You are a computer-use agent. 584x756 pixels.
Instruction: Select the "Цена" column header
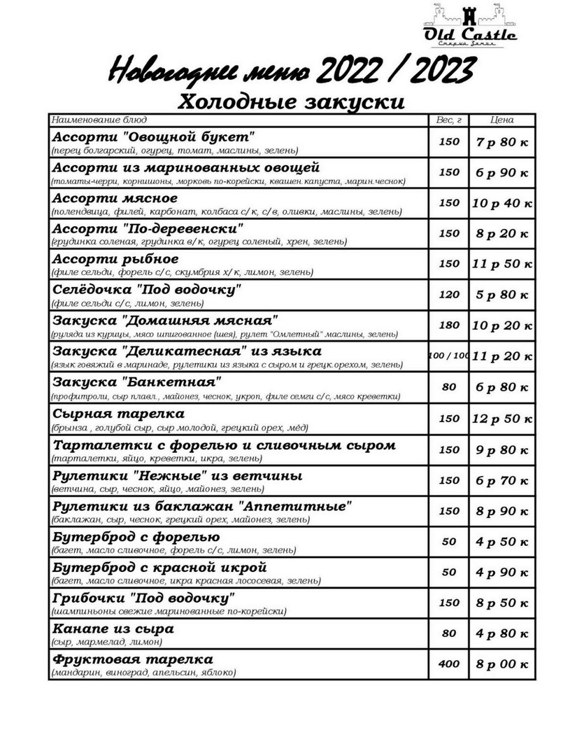[x=501, y=120]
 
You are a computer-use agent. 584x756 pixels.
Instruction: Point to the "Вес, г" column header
[x=448, y=120]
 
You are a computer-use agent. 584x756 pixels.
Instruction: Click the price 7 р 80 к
[x=501, y=142]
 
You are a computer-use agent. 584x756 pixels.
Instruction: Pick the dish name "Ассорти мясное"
[x=115, y=198]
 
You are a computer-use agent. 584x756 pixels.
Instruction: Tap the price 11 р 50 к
[x=501, y=264]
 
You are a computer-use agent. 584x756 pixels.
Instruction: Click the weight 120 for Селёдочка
[x=448, y=295]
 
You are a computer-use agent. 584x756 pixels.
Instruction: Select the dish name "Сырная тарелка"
[x=119, y=414]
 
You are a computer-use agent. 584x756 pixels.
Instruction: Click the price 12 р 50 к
[x=501, y=419]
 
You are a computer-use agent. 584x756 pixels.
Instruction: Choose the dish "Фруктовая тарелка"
[x=133, y=659]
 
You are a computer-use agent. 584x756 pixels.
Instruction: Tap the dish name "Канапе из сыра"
[x=113, y=629]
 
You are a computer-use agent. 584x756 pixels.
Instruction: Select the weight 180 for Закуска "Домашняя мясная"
[x=448, y=325]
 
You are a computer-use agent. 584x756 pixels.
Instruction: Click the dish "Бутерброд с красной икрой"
[x=159, y=567]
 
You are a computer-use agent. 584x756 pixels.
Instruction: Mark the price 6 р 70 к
[x=501, y=480]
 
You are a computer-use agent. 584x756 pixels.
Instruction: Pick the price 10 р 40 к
[x=501, y=203]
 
